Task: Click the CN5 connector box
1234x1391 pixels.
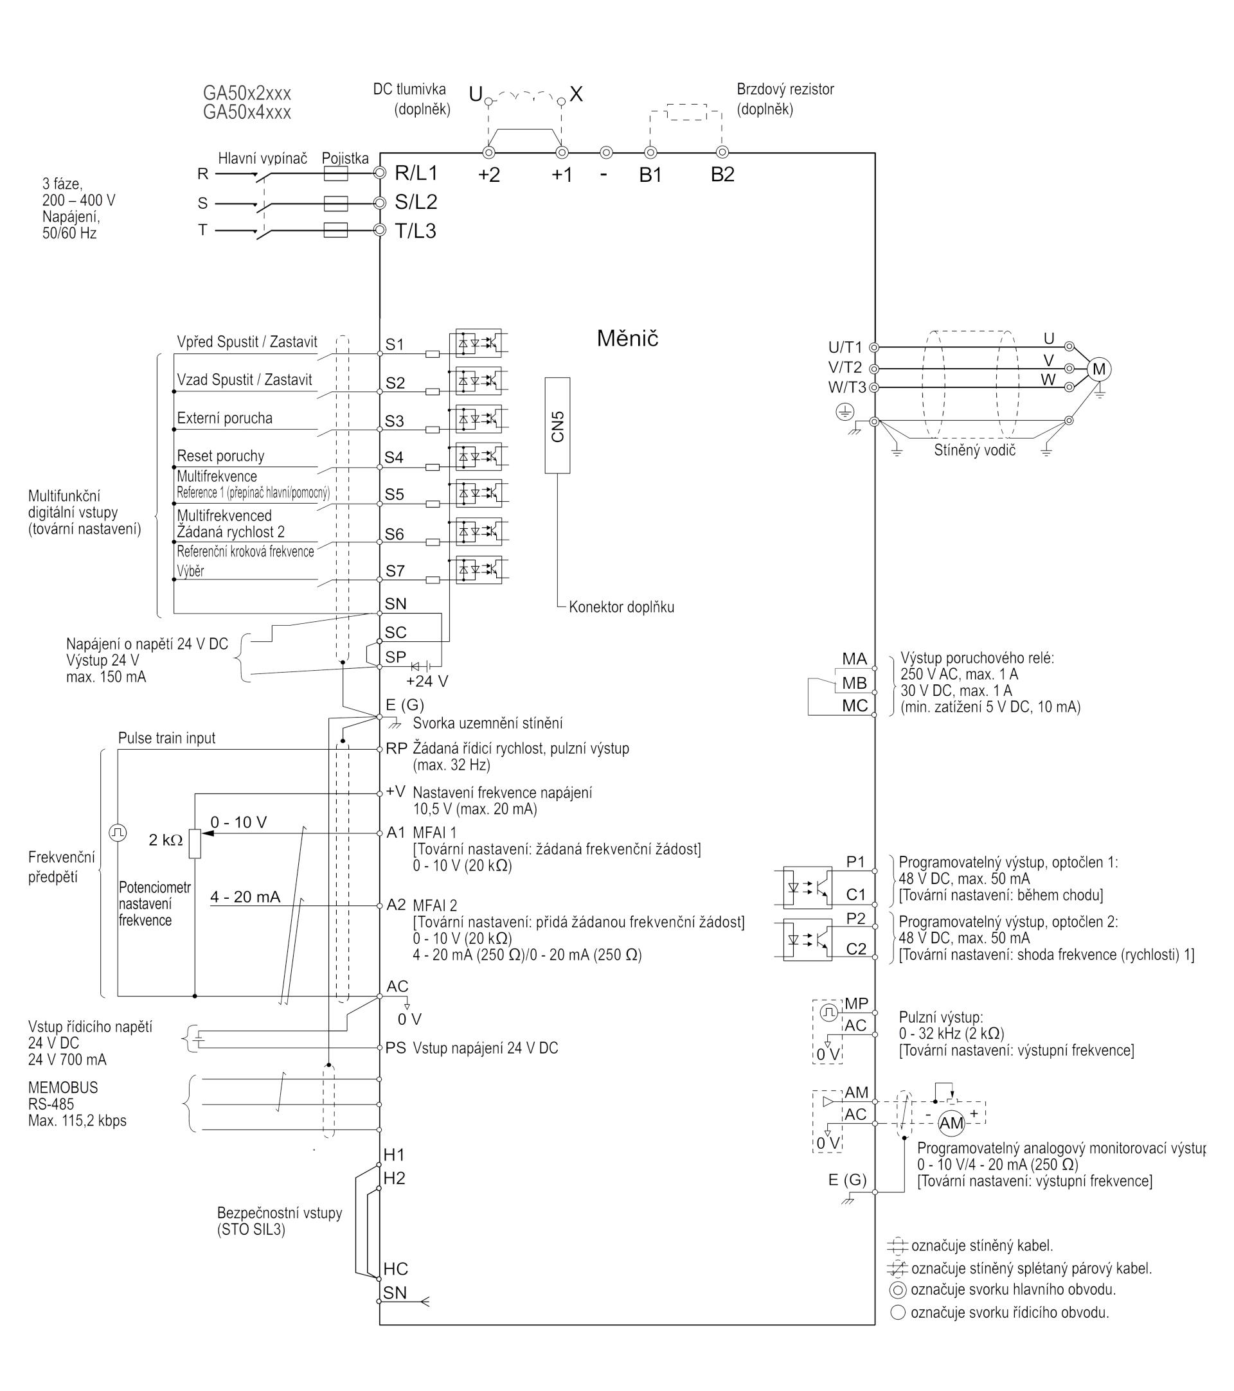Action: pos(557,425)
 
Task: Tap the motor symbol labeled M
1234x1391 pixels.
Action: pos(1098,369)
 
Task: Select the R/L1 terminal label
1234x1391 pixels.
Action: pos(416,173)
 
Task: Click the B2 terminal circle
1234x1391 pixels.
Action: pos(722,152)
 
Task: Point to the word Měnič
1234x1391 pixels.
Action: pos(627,338)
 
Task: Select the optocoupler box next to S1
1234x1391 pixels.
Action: pos(478,344)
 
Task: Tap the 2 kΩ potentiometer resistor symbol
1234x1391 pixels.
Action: pos(195,844)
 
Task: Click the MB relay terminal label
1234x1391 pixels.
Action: pos(854,682)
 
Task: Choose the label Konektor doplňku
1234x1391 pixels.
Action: pos(621,607)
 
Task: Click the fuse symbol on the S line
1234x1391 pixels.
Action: pos(335,204)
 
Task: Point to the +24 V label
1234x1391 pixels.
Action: pos(427,681)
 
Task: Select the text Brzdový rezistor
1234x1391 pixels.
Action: pos(785,89)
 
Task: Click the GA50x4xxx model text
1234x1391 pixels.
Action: pos(246,112)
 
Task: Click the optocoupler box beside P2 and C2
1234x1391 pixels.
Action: pos(807,940)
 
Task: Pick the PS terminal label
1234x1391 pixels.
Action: pos(395,1048)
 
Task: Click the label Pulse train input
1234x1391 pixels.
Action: pos(166,738)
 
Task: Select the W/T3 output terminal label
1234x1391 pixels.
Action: pos(846,387)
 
